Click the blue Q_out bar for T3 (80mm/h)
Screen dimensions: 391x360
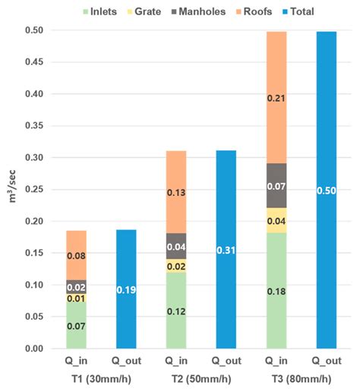tap(327, 190)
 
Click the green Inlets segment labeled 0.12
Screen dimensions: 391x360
tap(176, 310)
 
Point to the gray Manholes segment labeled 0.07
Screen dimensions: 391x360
tap(276, 185)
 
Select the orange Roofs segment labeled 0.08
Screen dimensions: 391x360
tap(76, 255)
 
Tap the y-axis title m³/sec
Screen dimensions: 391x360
tap(13, 189)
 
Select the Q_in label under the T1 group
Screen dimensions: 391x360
tap(77, 362)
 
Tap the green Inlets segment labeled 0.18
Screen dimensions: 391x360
tap(276, 290)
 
